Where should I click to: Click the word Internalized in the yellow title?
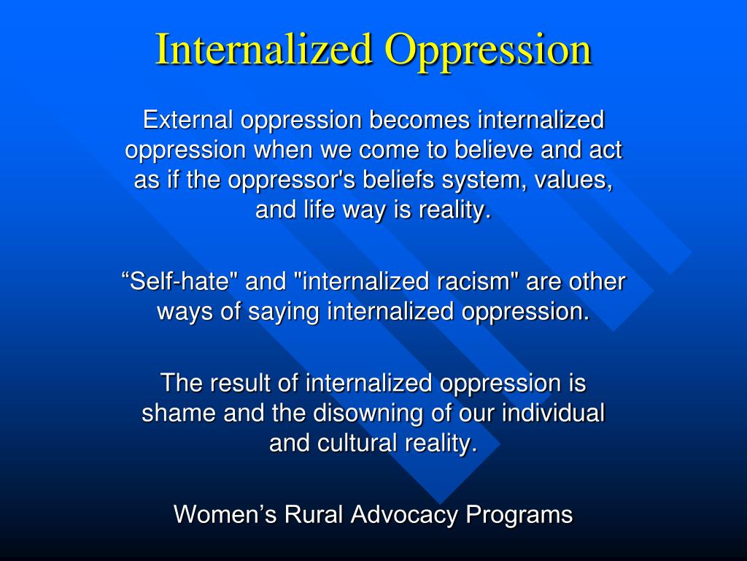264,50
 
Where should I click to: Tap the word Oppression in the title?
488,50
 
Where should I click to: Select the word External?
186,118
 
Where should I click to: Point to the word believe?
493,150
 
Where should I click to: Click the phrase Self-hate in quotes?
179,281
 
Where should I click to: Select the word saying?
286,312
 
